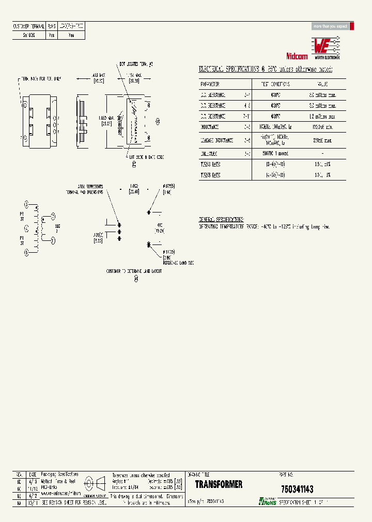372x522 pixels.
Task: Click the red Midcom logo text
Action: (297, 55)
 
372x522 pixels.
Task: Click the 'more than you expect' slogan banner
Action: (331, 26)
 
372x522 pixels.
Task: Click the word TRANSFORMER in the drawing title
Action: (219, 485)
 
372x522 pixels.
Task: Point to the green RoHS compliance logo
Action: (268, 501)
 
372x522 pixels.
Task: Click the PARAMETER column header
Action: (210, 84)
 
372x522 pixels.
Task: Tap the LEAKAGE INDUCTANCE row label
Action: (217, 140)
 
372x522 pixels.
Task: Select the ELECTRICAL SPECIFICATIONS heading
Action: (266, 70)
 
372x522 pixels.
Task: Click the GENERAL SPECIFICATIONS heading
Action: (222, 219)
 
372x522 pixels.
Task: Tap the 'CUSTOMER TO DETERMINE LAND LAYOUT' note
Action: (134, 271)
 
